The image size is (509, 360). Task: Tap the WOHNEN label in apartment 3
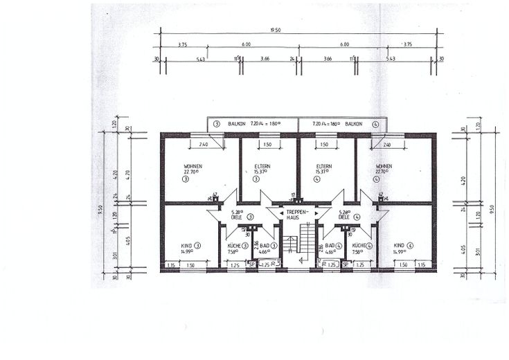[193, 167]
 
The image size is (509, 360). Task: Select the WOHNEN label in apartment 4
[384, 167]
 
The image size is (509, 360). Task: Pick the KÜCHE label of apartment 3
[233, 245]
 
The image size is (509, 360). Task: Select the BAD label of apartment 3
[265, 245]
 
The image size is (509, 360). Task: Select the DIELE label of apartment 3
[236, 217]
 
